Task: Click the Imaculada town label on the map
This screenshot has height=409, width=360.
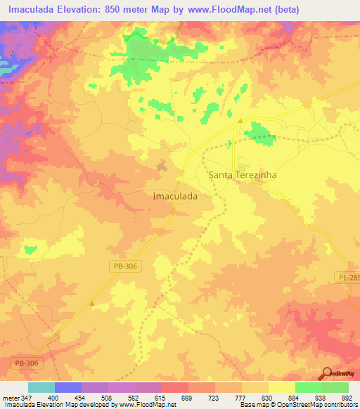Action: click(x=174, y=197)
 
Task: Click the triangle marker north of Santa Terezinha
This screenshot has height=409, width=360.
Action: click(x=240, y=122)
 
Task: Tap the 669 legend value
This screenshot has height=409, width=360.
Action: click(x=188, y=398)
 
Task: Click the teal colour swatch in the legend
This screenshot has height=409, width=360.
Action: click(x=41, y=387)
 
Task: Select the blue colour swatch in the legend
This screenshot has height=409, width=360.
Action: click(x=68, y=387)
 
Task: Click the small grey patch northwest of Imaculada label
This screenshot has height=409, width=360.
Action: click(x=162, y=166)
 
